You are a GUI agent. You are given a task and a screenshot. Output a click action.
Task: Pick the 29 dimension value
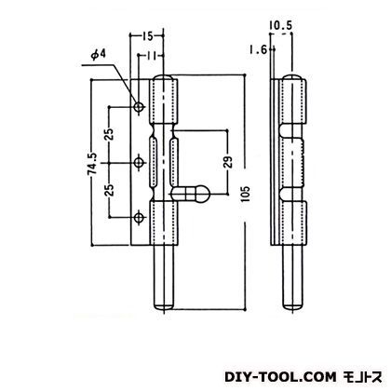tap(227, 163)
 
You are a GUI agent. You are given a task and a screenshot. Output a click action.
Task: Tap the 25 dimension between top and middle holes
tap(110, 136)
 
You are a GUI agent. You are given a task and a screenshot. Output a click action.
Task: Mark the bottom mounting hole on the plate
tap(140, 219)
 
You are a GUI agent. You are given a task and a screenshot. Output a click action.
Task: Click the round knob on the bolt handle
tap(199, 195)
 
